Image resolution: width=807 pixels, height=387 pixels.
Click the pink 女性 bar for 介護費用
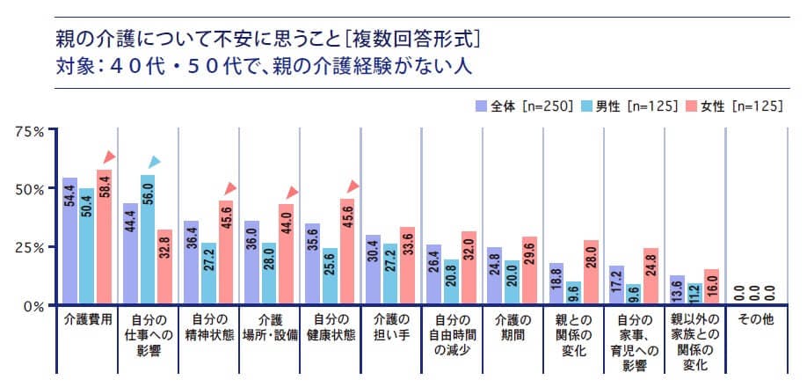click(x=105, y=237)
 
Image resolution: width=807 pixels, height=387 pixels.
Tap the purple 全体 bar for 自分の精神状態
click(x=190, y=263)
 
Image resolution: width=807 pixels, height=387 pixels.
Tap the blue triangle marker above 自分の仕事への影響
click(x=155, y=162)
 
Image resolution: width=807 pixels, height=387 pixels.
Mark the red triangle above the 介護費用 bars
click(x=109, y=157)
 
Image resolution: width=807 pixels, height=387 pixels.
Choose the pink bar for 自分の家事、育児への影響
click(x=651, y=276)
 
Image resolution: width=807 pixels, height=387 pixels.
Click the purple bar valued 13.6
click(x=676, y=290)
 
